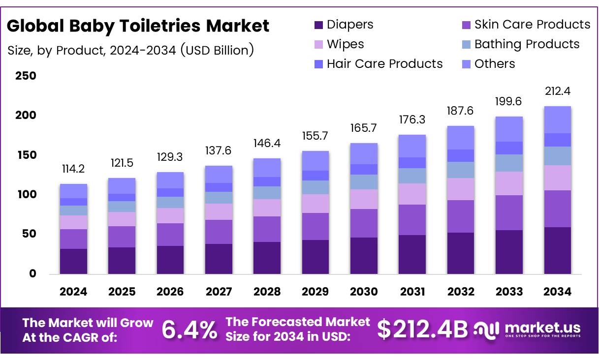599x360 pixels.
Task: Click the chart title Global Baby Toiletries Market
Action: pyautogui.click(x=138, y=26)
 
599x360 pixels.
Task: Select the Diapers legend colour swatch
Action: pyautogui.click(x=318, y=25)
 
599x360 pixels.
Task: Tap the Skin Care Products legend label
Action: pyautogui.click(x=532, y=24)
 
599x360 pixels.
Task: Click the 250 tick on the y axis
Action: pyautogui.click(x=26, y=76)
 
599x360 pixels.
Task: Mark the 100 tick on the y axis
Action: pyautogui.click(x=26, y=195)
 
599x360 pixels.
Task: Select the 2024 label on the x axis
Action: pyautogui.click(x=73, y=292)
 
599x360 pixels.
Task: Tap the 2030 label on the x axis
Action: pyautogui.click(x=364, y=292)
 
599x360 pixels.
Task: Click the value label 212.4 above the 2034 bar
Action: pyautogui.click(x=557, y=91)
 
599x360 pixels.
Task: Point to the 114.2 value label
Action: pyautogui.click(x=73, y=169)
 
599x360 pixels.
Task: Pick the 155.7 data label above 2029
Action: pyautogui.click(x=315, y=136)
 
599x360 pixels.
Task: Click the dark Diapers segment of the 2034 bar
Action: pyautogui.click(x=557, y=250)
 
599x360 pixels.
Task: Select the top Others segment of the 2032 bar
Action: pyautogui.click(x=461, y=138)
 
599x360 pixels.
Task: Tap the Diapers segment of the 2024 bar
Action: pyautogui.click(x=73, y=261)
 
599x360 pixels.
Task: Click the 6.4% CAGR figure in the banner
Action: pyautogui.click(x=189, y=330)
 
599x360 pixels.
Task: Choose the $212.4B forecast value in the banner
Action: pyautogui.click(x=422, y=330)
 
